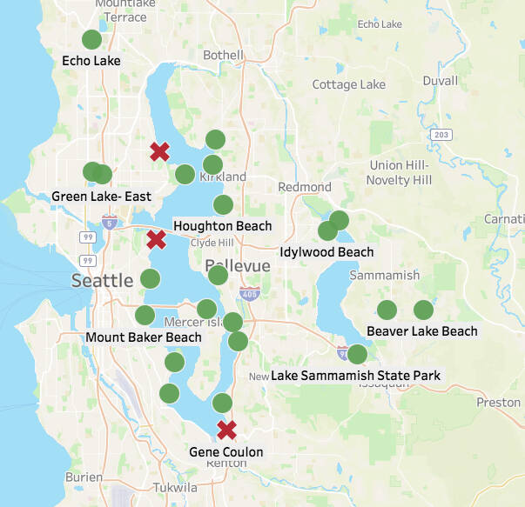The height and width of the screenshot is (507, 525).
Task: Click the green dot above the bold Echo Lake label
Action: (x=91, y=40)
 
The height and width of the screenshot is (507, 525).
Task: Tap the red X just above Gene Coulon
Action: (x=226, y=430)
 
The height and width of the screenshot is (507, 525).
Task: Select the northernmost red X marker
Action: (x=159, y=152)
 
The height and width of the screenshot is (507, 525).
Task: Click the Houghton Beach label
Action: (x=222, y=226)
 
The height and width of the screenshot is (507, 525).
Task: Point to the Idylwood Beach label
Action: (x=326, y=252)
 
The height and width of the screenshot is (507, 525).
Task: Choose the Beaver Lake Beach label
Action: (x=422, y=331)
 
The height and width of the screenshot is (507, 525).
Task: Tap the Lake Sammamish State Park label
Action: (x=355, y=376)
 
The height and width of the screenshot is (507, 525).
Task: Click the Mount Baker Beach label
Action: (x=144, y=337)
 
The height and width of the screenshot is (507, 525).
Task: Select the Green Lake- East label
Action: (x=96, y=197)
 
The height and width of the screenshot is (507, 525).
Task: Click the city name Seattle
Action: (x=103, y=280)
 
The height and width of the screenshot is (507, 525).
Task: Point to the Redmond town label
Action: (x=304, y=187)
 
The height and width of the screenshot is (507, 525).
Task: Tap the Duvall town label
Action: (x=440, y=81)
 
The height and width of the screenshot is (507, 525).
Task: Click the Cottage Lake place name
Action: (x=348, y=85)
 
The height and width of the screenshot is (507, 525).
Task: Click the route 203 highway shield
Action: (x=442, y=135)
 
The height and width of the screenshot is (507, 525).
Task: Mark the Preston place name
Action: (x=498, y=403)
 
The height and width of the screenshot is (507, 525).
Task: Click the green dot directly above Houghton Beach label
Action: (x=223, y=205)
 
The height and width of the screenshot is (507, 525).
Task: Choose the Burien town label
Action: (x=84, y=477)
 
